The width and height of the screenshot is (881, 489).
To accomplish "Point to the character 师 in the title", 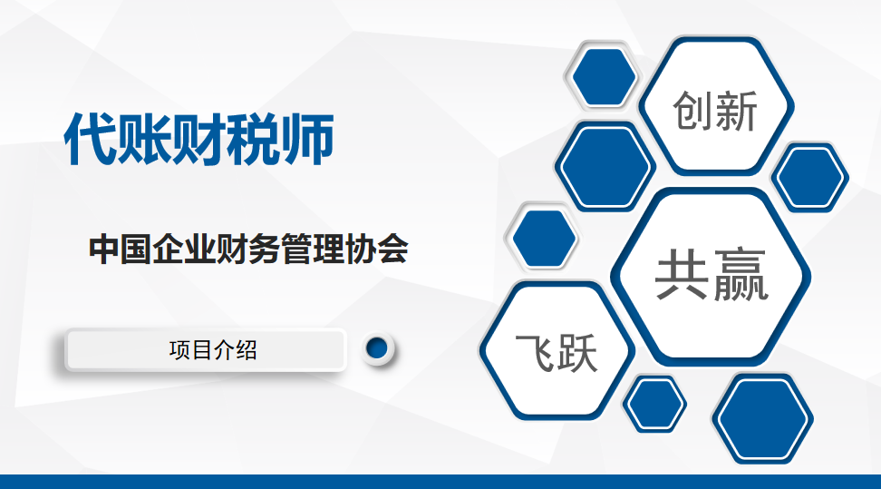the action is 307,139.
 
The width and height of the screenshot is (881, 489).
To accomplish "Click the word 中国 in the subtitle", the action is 121,249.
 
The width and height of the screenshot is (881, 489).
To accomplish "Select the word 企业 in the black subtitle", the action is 184,249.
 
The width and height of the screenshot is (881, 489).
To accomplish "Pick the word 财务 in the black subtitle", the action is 248,249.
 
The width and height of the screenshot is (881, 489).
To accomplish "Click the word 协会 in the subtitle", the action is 376,249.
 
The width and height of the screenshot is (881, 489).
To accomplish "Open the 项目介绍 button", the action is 206,350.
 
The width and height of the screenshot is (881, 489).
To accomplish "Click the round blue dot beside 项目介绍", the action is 377,348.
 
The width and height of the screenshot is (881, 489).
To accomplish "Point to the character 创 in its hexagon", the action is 693,111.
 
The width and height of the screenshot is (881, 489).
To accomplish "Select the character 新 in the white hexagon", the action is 737,111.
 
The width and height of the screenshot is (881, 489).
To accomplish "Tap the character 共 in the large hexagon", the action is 682,275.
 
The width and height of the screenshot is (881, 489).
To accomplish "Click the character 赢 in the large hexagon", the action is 740,275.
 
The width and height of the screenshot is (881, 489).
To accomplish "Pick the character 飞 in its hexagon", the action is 535,353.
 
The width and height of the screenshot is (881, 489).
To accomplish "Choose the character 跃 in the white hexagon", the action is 576,353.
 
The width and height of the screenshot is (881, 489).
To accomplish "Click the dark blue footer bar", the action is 440,482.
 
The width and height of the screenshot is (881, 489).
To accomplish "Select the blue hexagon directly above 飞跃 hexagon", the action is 544,238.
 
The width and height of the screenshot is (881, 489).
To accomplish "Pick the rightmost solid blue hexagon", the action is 809,177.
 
